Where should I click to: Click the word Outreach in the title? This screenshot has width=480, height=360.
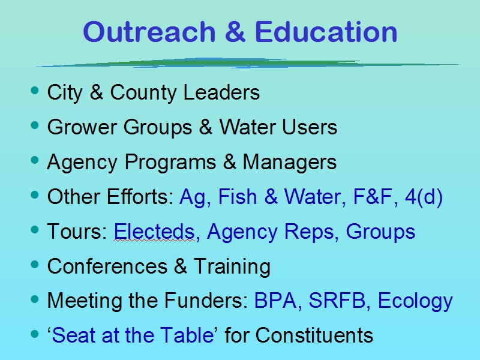point(149,32)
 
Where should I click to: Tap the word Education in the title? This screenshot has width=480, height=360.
point(326,32)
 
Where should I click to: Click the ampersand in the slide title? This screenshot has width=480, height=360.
point(235,32)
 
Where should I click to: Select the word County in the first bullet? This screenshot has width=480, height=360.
point(143,93)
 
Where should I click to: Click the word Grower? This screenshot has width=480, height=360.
point(82,127)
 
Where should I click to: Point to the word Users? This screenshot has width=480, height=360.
point(310,127)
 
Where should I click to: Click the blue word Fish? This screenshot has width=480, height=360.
point(238,197)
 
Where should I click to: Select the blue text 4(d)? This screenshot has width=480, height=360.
point(424,197)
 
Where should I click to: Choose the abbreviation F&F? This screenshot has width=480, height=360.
point(373,197)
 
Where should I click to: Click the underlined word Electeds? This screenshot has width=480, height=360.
point(154,232)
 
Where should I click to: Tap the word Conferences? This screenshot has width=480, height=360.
point(107,266)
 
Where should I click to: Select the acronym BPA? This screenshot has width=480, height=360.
point(275,301)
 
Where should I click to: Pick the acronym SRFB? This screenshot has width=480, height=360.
point(337,301)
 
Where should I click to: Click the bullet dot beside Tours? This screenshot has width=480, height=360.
point(35,230)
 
